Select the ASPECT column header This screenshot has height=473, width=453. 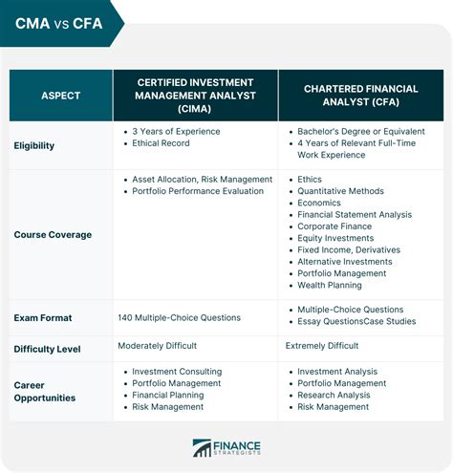point(61,97)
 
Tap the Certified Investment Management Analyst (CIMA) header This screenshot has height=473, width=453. point(195,97)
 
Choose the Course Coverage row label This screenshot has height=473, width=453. point(54,233)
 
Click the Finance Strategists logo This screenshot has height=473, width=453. point(226,448)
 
